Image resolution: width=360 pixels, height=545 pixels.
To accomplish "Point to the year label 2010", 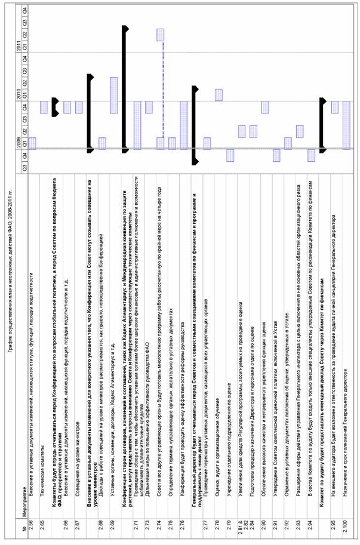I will pos(20,96).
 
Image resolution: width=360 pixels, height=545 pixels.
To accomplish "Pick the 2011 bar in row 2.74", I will pos(161,35).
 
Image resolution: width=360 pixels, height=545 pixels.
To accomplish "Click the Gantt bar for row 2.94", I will pos(311,155).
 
